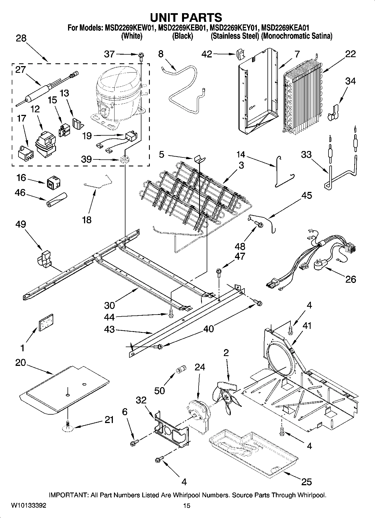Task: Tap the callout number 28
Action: (x=21, y=38)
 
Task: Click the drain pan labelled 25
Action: (x=253, y=448)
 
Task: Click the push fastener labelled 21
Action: (x=67, y=426)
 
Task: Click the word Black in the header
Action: (x=182, y=36)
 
